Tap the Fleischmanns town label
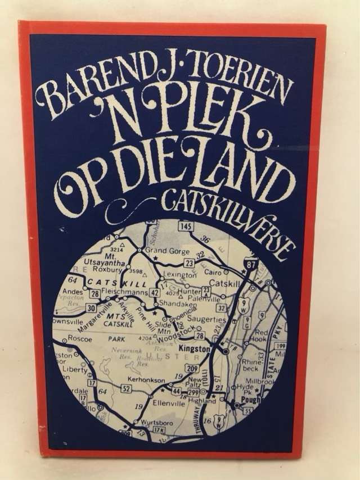pos(124,292)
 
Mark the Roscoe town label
pos(76,339)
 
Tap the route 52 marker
pos(125,388)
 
